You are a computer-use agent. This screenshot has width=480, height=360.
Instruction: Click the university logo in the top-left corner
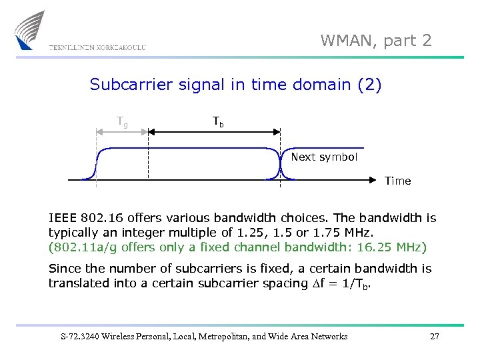point(30,30)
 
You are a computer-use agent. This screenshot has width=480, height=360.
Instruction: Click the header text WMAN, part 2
point(376,41)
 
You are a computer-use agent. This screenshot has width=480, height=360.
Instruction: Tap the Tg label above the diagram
point(123,121)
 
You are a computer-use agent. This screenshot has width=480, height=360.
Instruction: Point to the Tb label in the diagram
point(218,121)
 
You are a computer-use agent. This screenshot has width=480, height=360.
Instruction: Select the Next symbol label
point(324,157)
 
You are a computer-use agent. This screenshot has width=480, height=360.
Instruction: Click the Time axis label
point(397,181)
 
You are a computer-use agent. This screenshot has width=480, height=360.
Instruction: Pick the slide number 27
point(434,337)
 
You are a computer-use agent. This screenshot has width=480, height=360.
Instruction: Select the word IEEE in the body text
point(63,218)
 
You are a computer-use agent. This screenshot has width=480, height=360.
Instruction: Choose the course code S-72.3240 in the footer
point(77,337)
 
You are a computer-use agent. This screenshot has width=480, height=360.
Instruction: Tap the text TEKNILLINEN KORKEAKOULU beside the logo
point(97,47)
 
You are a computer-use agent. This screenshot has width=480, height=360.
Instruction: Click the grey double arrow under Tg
point(123,132)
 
